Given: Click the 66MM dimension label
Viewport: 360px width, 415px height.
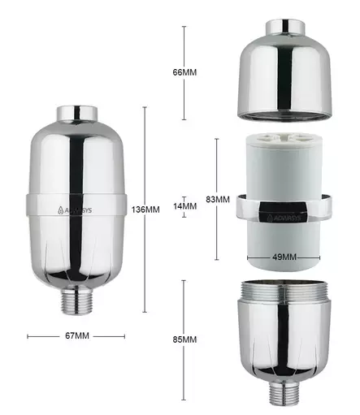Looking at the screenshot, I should click(184, 72).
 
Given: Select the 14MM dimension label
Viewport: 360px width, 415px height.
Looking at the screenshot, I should click(184, 206).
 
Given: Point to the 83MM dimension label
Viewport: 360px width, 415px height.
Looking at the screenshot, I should click(217, 199).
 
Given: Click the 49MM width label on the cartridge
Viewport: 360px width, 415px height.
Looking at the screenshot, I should click(284, 257).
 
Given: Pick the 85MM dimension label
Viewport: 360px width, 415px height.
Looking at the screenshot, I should click(184, 339).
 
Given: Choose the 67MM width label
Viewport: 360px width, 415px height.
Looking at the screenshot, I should click(76, 335).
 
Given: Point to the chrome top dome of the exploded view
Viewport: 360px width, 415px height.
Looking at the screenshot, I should click(283, 77).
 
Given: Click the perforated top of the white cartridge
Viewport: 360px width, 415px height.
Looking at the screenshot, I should click(284, 141).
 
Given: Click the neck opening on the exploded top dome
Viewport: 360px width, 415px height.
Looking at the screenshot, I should click(283, 26).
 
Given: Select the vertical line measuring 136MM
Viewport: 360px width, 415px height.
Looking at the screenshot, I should click(145, 162).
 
